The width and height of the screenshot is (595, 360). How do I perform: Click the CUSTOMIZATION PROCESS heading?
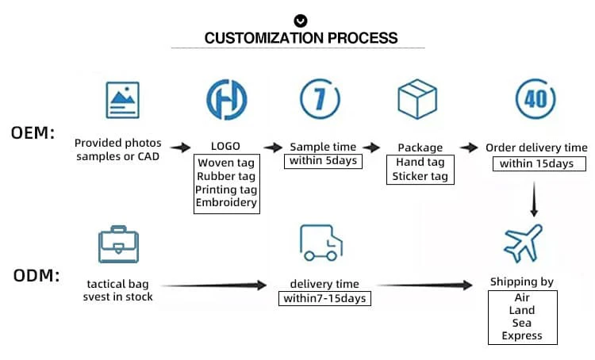301,38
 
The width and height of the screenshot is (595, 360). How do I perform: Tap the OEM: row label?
33,132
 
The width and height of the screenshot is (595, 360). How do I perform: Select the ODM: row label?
36,275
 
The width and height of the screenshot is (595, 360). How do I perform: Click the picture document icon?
122,100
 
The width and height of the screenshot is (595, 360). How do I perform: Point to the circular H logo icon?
227,99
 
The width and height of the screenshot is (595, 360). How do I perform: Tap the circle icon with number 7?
320,98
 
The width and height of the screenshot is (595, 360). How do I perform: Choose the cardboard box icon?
417,99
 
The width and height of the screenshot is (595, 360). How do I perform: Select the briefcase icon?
118,244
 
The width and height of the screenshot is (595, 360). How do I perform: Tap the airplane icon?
523,243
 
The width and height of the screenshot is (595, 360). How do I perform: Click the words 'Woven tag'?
226,163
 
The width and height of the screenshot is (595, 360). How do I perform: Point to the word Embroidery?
226,202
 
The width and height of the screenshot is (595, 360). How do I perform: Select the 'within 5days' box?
323,161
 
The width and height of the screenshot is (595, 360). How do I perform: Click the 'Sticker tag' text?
420,176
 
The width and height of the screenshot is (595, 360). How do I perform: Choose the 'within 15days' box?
539,163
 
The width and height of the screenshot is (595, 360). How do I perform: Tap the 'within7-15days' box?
324,298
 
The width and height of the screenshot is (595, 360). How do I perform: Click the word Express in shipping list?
522,335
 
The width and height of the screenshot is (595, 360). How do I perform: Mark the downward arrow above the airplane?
534,200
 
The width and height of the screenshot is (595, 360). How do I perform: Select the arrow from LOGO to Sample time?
273,147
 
